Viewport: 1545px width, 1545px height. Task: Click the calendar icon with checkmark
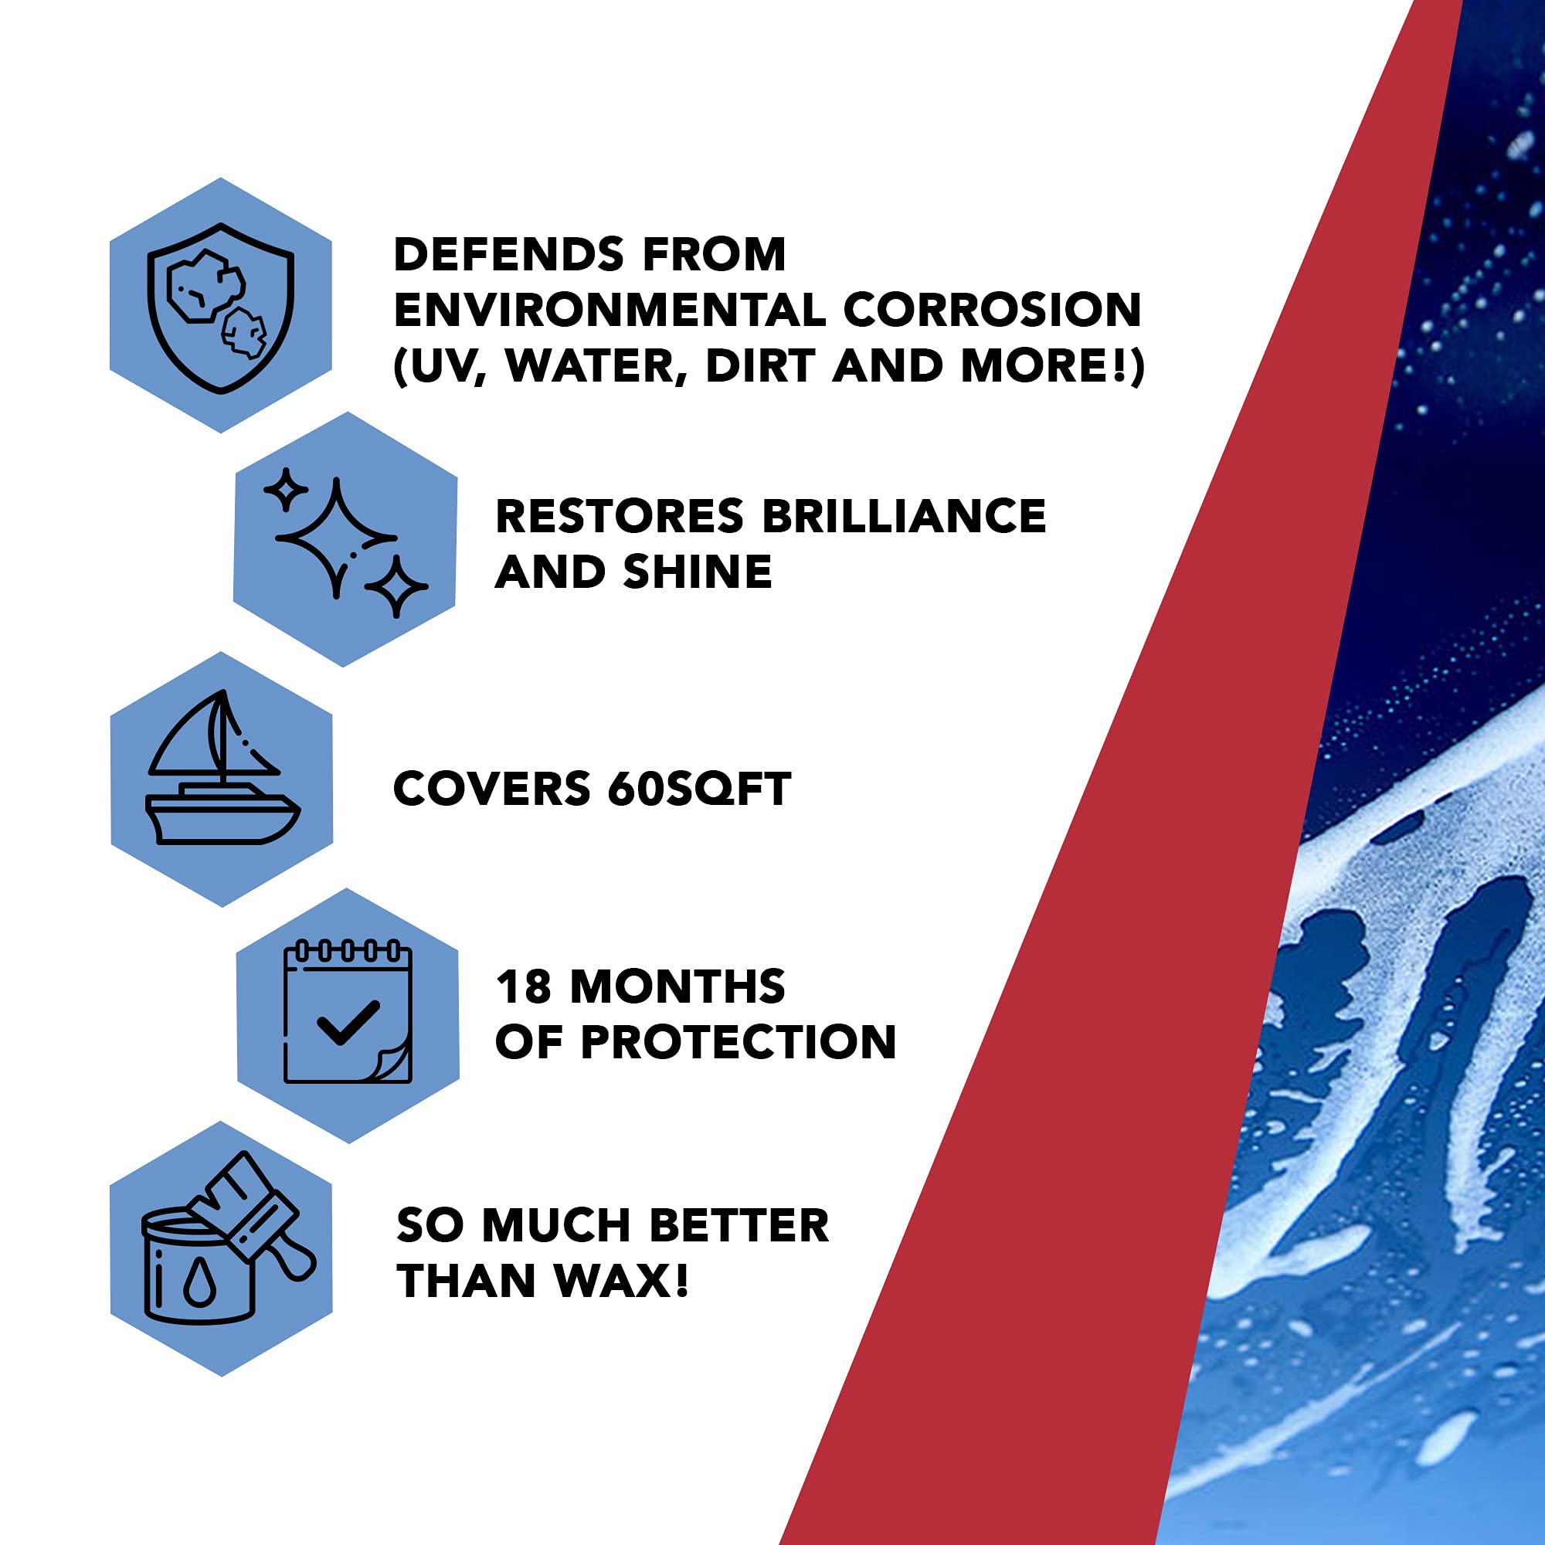pyautogui.click(x=348, y=1014)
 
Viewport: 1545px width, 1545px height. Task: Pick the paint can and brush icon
pyautogui.click(x=222, y=1248)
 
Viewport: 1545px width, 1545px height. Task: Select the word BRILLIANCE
pyautogui.click(x=904, y=516)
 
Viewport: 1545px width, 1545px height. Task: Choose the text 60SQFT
pyautogui.click(x=699, y=789)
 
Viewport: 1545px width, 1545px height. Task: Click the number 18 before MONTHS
pyautogui.click(x=524, y=986)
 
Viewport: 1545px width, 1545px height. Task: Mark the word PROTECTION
pyautogui.click(x=738, y=1042)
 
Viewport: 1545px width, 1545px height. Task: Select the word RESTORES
pyautogui.click(x=620, y=516)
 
